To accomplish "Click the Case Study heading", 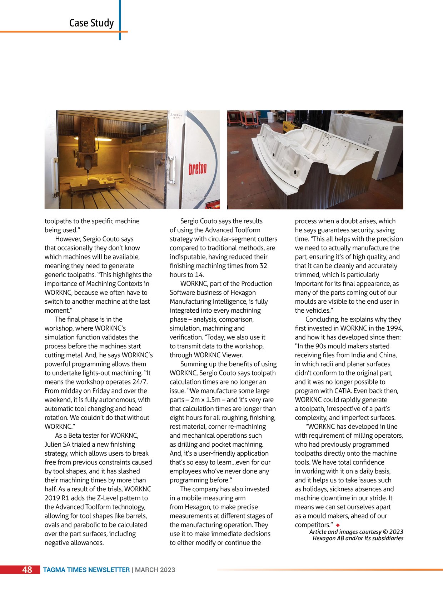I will [x=91, y=23].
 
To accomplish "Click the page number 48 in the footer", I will [x=27, y=570].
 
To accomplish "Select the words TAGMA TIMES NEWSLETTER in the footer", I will [x=86, y=570].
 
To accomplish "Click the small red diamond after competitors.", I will [x=338, y=525].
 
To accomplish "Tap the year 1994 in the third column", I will [x=394, y=328].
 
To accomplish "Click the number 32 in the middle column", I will [x=263, y=266].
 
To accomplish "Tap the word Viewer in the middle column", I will [x=232, y=355].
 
